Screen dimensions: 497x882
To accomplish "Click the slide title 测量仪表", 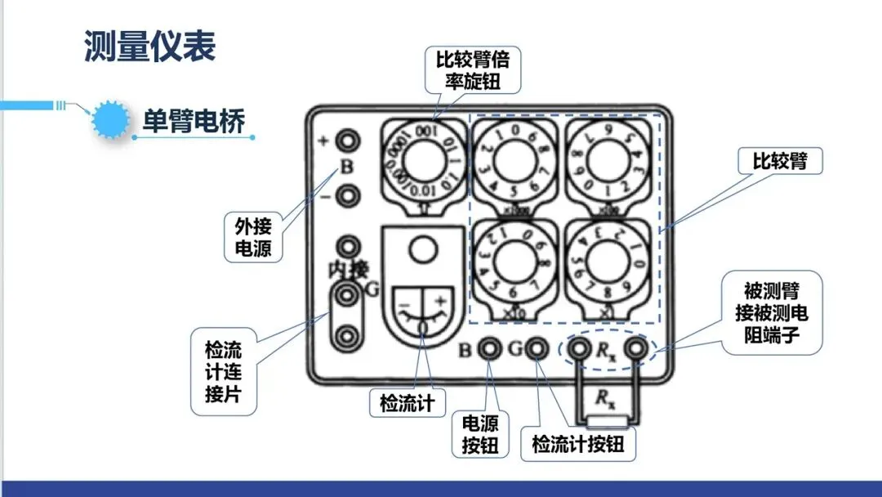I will click(149, 47).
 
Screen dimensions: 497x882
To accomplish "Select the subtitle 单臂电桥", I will click(193, 121).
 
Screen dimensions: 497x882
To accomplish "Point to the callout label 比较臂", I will click(779, 161).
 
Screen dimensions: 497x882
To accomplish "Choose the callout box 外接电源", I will click(253, 237).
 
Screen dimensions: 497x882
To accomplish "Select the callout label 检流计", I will click(402, 402).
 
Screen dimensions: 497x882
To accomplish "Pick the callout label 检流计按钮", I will click(577, 444).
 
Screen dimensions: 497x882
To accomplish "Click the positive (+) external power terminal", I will click(349, 141).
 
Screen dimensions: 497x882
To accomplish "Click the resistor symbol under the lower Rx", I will click(606, 422).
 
